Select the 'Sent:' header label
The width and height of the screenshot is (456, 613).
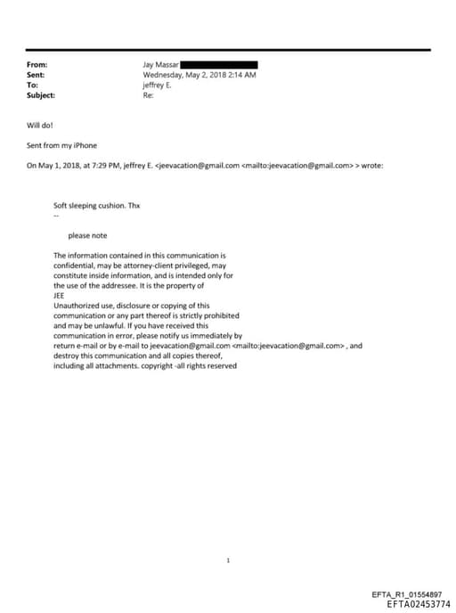[x=37, y=75]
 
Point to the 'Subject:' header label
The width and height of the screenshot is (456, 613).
[x=41, y=94]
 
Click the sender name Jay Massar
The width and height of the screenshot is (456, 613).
[x=160, y=65]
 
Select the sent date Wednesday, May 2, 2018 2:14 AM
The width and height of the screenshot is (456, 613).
[x=199, y=75]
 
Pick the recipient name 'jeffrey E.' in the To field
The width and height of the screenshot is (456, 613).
[x=157, y=85]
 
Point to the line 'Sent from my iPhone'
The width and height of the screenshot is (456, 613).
[x=61, y=144]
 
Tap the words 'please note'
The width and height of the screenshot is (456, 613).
[x=88, y=235]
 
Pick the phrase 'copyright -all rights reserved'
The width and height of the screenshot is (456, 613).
[x=193, y=364]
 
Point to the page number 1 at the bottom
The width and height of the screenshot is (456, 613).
[x=229, y=535]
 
